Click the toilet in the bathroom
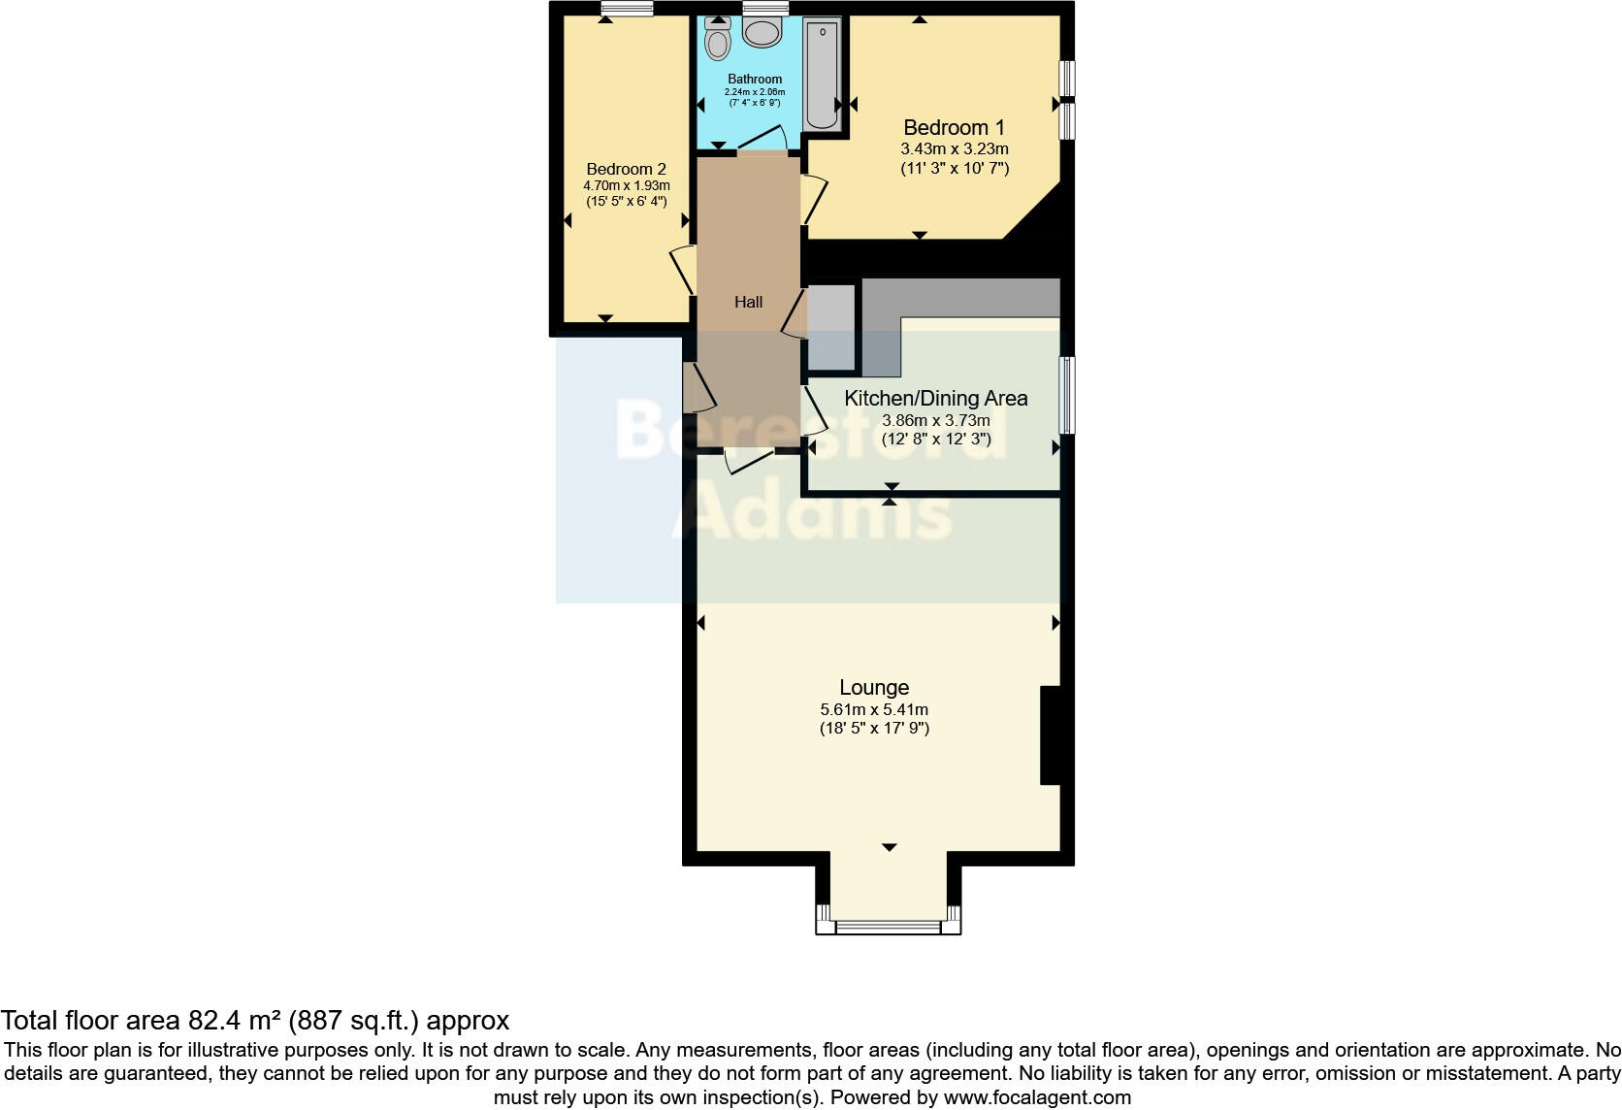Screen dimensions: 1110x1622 [x=718, y=40]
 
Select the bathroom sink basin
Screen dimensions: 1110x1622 [x=763, y=31]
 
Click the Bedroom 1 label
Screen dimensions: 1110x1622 [x=954, y=127]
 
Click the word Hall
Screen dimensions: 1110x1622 [x=748, y=302]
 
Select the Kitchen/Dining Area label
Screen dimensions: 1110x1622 [x=935, y=398]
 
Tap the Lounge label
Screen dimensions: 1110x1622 [x=874, y=687]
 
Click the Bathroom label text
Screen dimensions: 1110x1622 [x=755, y=79]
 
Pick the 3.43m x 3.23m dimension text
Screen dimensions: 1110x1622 [x=955, y=149]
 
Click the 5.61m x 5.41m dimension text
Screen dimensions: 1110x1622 [x=874, y=709]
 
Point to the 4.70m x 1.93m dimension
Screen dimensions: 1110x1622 [x=626, y=185]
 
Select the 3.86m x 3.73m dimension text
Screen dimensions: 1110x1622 [x=935, y=421]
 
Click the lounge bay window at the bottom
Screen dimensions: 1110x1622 [x=888, y=927]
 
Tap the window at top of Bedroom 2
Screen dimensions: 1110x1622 [x=625, y=9]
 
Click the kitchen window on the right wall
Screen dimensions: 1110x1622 [x=1066, y=395]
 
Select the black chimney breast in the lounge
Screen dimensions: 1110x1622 [x=1051, y=735]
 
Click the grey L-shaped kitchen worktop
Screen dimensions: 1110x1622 [x=960, y=297]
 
